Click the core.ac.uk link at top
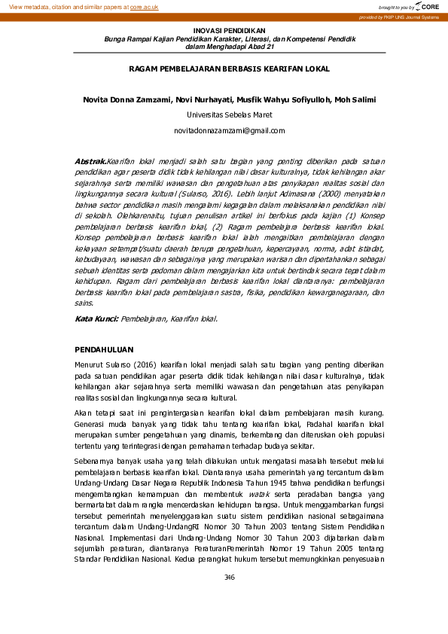144,6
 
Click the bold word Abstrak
90,162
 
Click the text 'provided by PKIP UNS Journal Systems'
398,17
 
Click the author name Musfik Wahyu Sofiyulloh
276,99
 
